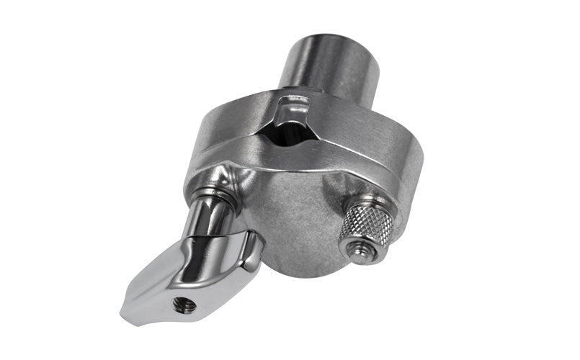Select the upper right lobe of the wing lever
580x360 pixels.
(x=249, y=248)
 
